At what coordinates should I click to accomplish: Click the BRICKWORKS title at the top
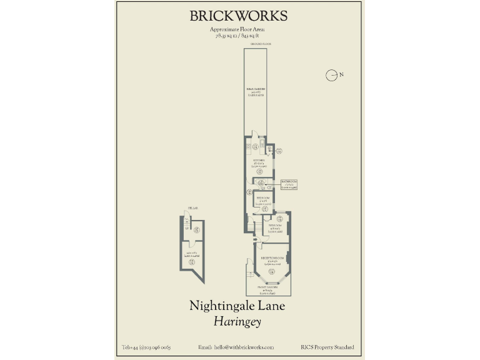[239, 16]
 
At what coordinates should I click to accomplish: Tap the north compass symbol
[332, 75]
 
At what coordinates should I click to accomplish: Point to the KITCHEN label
[259, 161]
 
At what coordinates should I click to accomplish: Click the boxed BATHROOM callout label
[288, 184]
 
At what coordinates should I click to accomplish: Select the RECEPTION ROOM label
[272, 258]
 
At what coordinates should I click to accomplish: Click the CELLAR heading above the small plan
[192, 208]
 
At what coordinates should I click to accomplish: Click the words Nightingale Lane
[237, 306]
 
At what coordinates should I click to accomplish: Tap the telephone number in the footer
[146, 347]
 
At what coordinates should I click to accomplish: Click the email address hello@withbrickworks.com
[236, 347]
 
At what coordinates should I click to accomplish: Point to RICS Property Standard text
[327, 347]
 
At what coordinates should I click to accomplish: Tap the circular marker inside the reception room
[272, 270]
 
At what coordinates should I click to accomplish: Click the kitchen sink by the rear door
[249, 147]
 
